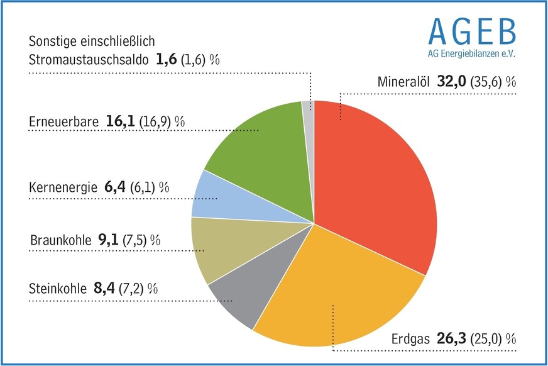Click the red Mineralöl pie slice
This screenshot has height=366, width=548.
pyautogui.click(x=377, y=182)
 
